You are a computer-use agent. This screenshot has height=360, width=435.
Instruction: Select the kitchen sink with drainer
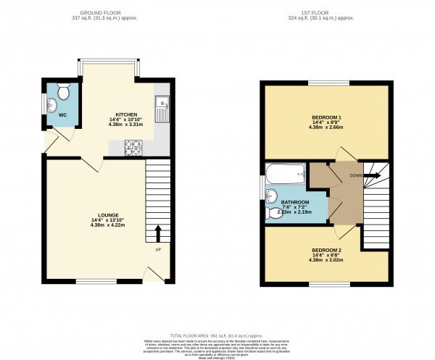pos(163,108)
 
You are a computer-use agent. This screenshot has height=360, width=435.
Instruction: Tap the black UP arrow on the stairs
pos(158,233)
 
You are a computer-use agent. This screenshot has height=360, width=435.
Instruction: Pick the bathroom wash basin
pos(270,196)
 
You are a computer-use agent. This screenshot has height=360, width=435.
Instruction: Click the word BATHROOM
pos(296,202)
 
